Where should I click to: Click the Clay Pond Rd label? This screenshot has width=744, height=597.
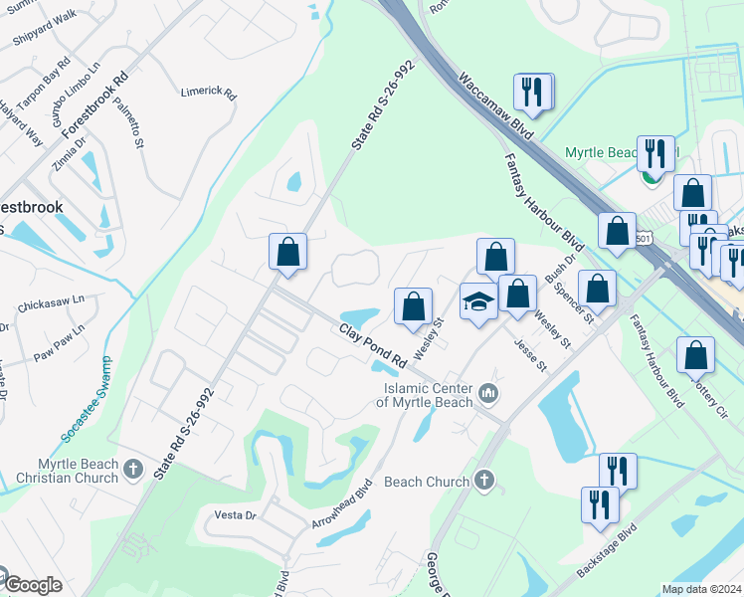[x=373, y=344]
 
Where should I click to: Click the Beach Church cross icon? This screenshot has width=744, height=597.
[x=483, y=481]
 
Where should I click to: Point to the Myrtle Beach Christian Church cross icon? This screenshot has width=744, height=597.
[x=134, y=465]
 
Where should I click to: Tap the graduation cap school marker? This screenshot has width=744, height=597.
[x=478, y=302]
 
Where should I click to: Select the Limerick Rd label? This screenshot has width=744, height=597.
[x=208, y=95]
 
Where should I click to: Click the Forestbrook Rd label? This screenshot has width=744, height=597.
[x=95, y=104]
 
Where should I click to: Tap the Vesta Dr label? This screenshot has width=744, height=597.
[x=236, y=515]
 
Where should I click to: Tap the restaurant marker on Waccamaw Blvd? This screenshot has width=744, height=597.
[x=534, y=92]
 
